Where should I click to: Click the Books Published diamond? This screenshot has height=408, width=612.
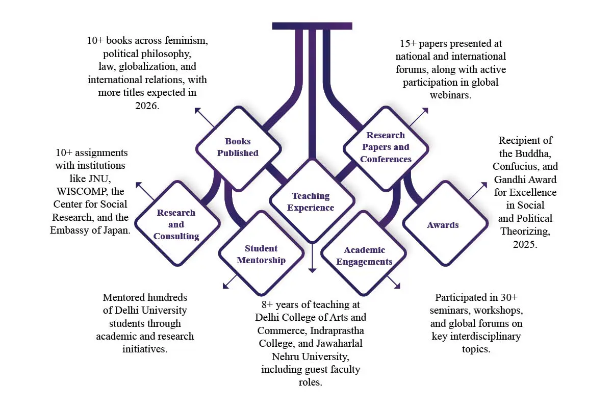238,147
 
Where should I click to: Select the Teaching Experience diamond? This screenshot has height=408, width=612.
311,202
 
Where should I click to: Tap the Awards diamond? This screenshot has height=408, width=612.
443,225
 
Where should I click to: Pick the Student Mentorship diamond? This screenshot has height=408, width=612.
261,254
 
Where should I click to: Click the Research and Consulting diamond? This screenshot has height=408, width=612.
176,224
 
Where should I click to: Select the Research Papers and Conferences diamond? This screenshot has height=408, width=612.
386,147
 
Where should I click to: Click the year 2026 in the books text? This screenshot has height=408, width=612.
147,106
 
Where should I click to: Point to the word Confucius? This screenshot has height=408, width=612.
525,167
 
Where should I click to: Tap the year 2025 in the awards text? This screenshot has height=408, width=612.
525,244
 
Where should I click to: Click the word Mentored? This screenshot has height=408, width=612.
124,297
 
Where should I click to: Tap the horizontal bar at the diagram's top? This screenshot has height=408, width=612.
312,25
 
